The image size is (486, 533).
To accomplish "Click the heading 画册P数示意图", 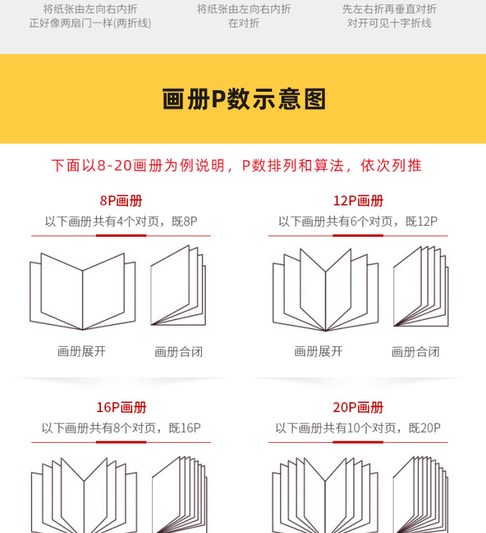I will [244, 99].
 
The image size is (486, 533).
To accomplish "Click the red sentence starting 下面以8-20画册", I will [236, 166].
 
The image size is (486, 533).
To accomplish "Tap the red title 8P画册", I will [121, 201].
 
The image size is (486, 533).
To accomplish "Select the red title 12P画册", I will [357, 201].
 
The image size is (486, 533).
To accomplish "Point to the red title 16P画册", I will [121, 408].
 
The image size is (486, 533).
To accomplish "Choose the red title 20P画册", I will [357, 408].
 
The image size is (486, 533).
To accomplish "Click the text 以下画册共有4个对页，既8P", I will [121, 222].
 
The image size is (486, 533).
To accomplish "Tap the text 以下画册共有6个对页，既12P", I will [357, 222].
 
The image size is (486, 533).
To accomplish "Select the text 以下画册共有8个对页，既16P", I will [121, 429].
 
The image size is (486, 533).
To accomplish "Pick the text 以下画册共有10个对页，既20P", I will [357, 429].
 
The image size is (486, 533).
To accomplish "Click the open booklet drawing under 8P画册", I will [82, 291].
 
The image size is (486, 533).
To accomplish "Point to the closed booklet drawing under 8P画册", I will [178, 286].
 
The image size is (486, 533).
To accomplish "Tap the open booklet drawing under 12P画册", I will [326, 291].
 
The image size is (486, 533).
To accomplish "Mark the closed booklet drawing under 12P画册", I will [421, 286].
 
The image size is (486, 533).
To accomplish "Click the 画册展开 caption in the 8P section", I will [82, 351].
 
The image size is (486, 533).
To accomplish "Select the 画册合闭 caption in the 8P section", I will [178, 352].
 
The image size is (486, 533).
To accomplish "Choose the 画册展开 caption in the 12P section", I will [318, 351].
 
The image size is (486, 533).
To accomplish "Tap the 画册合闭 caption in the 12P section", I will [415, 352].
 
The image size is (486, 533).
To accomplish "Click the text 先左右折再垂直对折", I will [389, 9].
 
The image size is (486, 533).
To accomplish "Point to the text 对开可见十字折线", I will [389, 23].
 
